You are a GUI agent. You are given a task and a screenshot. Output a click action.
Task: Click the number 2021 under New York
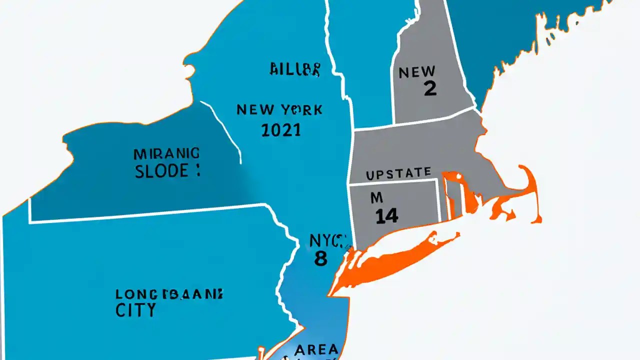[281, 130]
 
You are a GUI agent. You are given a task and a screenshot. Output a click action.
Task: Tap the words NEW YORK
[279, 109]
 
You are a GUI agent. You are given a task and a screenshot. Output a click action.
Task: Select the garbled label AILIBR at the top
[294, 69]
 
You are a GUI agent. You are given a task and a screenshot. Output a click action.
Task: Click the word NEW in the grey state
[417, 72]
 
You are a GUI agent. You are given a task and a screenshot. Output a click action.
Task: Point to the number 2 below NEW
[429, 88]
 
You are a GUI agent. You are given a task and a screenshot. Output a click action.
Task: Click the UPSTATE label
[398, 174]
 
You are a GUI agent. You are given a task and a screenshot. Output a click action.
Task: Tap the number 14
[386, 215]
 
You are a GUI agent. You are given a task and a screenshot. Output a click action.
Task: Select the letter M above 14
[376, 198]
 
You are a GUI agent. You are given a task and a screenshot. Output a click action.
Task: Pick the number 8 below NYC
[320, 258]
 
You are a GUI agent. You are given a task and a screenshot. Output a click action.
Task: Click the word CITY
[135, 309]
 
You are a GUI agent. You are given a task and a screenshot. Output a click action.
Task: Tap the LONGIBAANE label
[169, 293]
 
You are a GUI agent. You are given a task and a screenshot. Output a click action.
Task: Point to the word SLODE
[162, 171]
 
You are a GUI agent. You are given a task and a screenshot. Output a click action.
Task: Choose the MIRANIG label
[166, 152]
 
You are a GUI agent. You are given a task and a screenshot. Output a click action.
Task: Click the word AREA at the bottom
[316, 349]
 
